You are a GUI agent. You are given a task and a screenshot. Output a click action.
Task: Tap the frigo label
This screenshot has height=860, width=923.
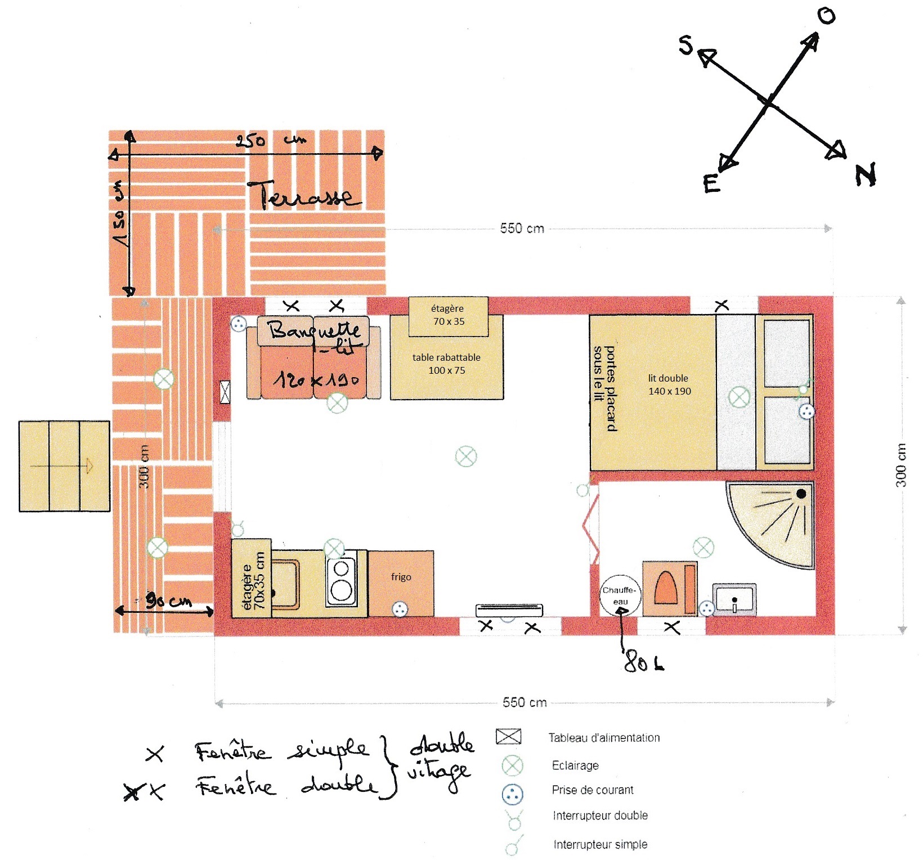[x=401, y=577]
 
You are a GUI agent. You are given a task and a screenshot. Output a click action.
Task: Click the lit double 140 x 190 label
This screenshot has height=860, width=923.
[x=669, y=384]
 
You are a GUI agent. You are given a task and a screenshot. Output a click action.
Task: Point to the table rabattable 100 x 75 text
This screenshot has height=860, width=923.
[x=446, y=364]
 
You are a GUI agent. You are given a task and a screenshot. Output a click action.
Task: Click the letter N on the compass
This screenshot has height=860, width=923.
[x=866, y=174]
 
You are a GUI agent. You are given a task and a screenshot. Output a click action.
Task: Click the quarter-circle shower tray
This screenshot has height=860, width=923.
[x=777, y=518]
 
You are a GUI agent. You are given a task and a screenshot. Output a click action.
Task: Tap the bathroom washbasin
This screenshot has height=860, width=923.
[x=734, y=599]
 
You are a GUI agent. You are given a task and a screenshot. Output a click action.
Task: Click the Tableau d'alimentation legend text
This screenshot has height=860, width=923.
[x=604, y=738]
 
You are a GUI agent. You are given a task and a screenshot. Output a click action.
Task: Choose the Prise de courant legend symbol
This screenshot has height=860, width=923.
[x=512, y=795]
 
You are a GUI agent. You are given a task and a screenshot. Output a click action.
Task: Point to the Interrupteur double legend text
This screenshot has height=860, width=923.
[x=600, y=816]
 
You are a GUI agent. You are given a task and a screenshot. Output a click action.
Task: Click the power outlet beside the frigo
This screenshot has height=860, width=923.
[x=400, y=608]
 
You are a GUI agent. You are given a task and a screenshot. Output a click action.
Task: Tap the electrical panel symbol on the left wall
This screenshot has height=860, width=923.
[x=225, y=392]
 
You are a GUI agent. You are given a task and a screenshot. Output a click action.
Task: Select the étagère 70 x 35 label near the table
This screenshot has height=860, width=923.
[x=448, y=315]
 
